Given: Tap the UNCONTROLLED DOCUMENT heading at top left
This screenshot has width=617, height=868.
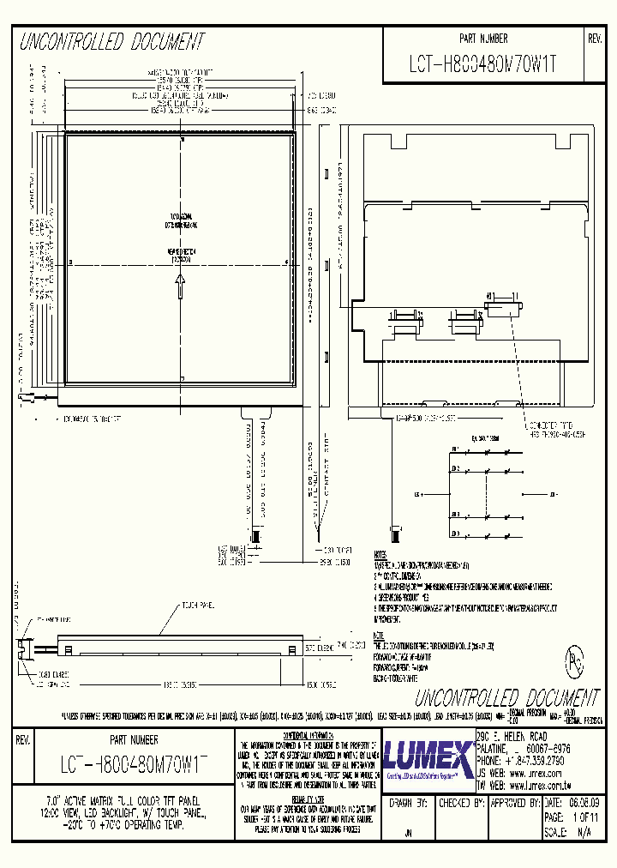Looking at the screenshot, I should pyautogui.click(x=111, y=42).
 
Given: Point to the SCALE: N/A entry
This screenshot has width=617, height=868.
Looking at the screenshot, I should pyautogui.click(x=571, y=832).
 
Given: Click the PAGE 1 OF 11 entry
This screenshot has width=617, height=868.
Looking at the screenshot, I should pyautogui.click(x=571, y=817).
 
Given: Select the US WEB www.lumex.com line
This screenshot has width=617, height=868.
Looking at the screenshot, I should pyautogui.click(x=530, y=772).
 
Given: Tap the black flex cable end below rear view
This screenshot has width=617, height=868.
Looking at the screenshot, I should pyautogui.click(x=395, y=531).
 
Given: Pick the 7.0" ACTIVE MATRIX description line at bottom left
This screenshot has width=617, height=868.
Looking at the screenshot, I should pyautogui.click(x=111, y=798).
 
